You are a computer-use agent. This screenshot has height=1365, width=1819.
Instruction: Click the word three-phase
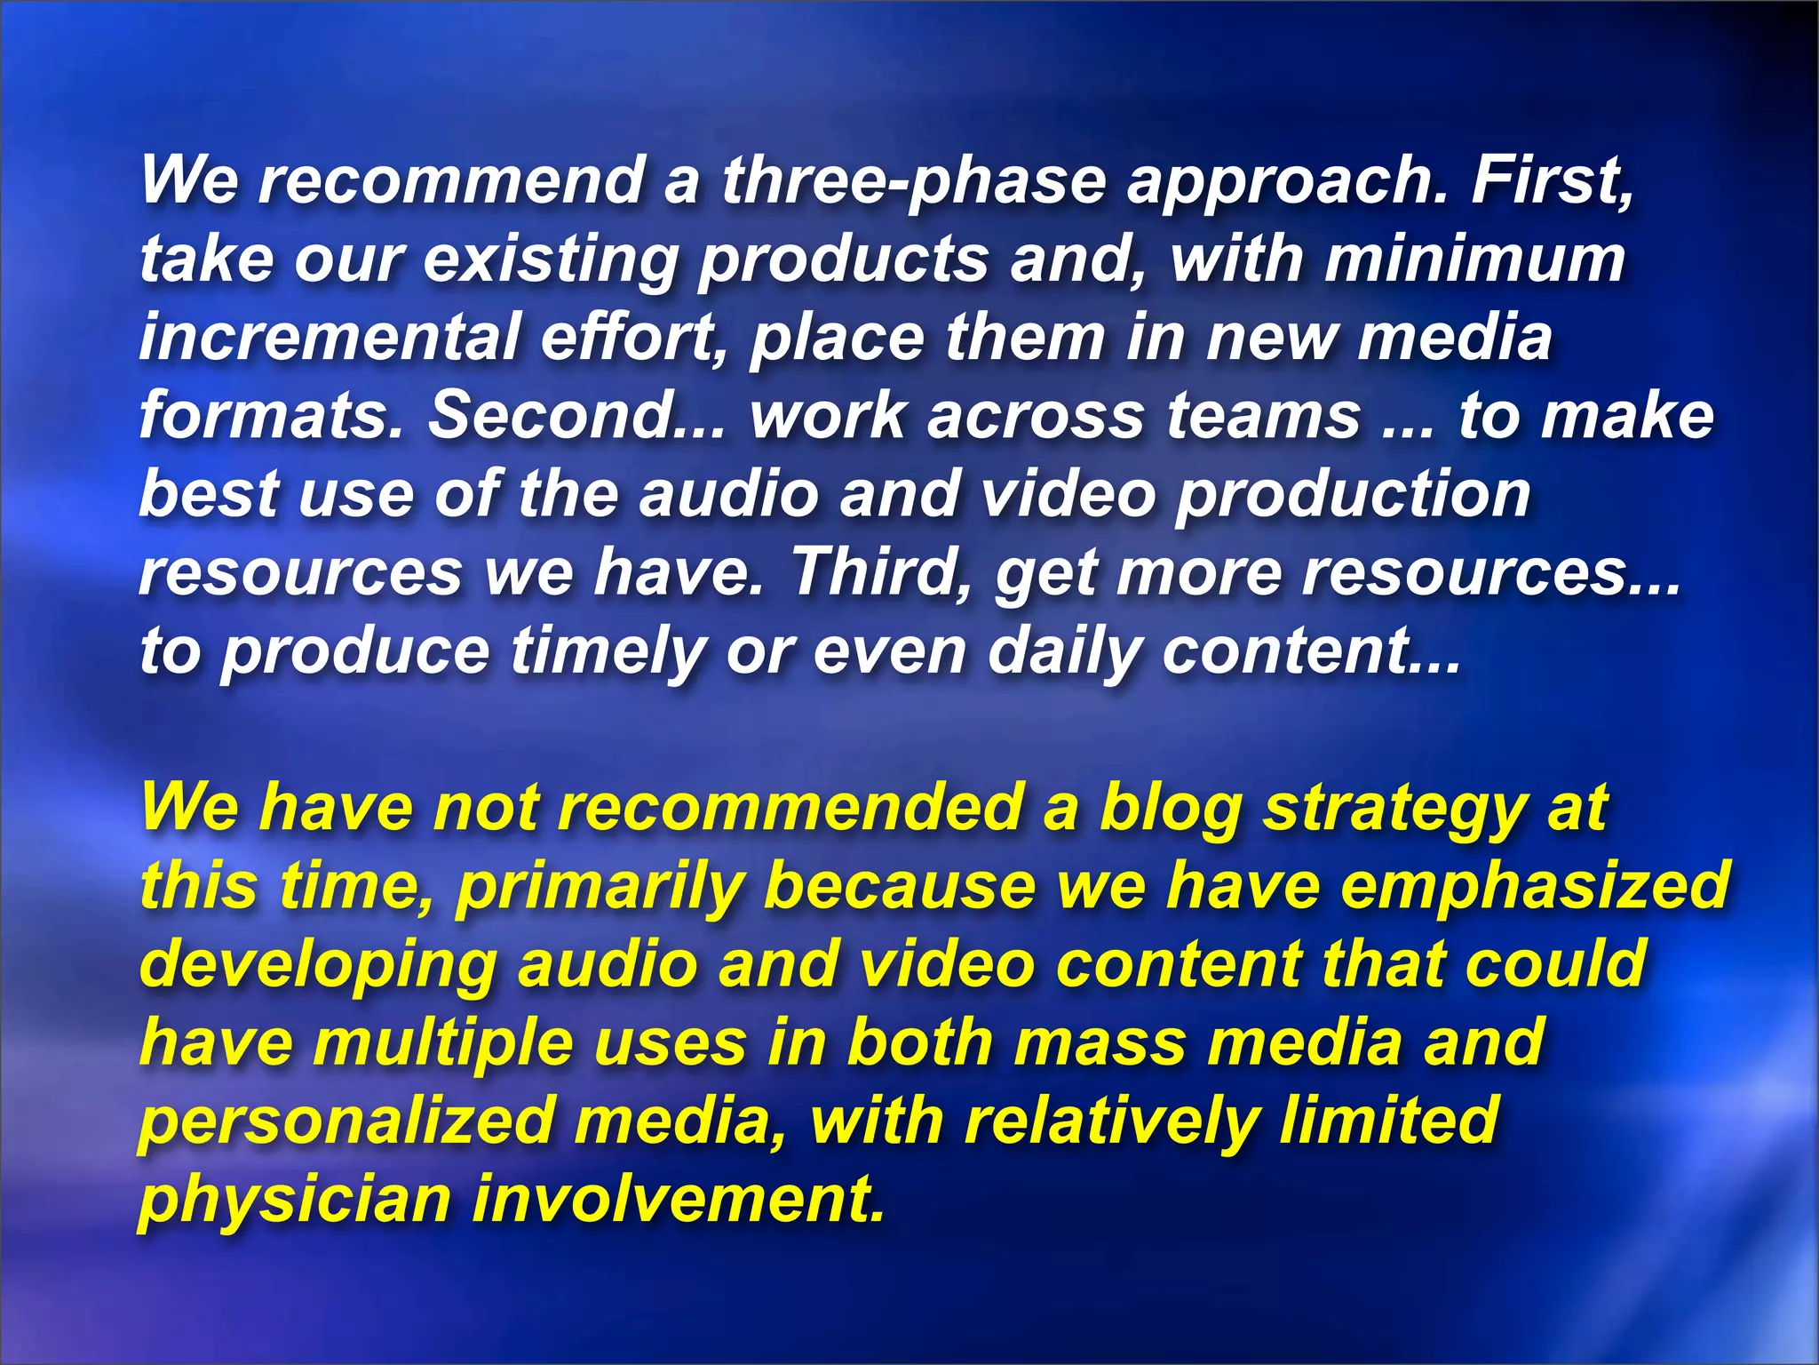coord(913,181)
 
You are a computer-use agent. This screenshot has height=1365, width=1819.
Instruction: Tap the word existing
coord(550,259)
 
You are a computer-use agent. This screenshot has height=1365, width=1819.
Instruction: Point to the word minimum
coord(1475,259)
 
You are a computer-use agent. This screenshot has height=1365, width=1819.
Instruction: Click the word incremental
coord(329,338)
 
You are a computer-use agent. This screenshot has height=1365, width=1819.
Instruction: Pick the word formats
coord(271,416)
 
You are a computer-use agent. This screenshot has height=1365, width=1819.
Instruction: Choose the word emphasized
coord(1536,887)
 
